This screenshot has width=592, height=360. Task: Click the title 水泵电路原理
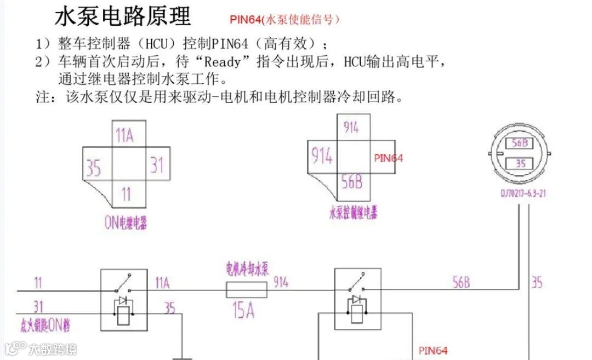[x=123, y=17]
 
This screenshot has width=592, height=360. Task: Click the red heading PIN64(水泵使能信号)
[x=284, y=19]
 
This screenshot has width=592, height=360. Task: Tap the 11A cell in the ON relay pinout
[x=125, y=135]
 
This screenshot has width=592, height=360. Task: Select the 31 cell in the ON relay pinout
[x=157, y=164]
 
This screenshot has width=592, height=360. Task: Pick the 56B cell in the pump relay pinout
[x=351, y=182]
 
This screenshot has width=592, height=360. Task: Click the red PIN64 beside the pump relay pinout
[x=388, y=158]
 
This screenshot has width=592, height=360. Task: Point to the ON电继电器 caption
[x=125, y=223]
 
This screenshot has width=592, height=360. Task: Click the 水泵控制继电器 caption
[x=353, y=213]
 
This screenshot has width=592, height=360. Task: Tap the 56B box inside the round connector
[x=519, y=143]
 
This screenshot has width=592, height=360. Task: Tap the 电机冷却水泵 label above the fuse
[x=248, y=269]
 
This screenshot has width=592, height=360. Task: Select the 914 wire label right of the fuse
[x=281, y=282]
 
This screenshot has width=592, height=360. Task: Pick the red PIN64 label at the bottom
[x=433, y=350]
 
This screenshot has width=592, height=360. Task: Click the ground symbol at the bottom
[x=183, y=357]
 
